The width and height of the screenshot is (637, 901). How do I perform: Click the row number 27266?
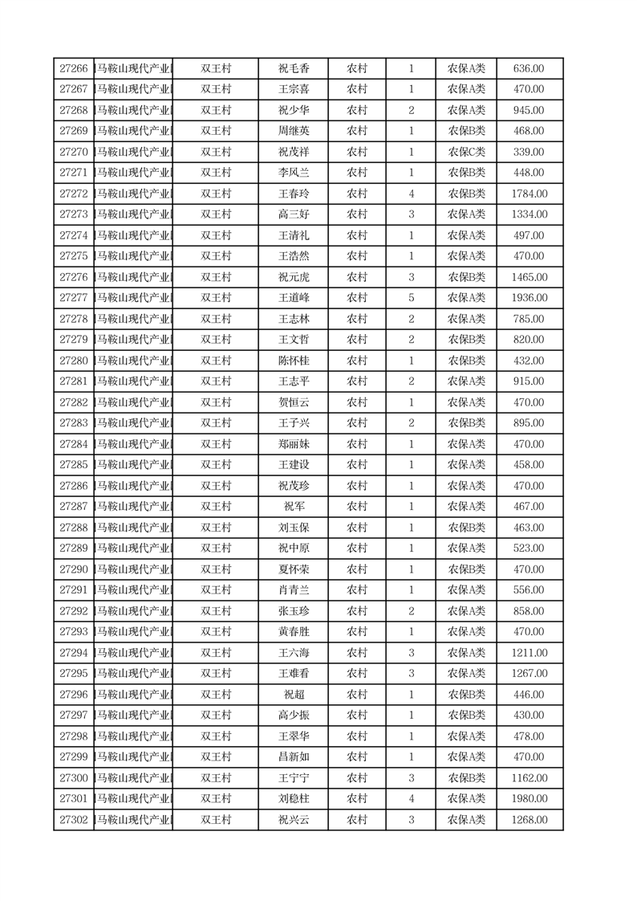(74, 69)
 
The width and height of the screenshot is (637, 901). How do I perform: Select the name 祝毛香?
(294, 69)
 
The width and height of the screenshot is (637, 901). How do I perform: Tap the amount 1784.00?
(529, 194)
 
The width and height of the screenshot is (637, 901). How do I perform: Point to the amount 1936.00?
(529, 298)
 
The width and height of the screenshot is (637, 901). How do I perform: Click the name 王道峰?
(294, 298)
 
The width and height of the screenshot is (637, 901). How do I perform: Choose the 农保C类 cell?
(466, 152)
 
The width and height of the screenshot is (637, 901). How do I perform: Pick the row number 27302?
(74, 820)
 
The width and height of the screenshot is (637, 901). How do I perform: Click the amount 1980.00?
(529, 799)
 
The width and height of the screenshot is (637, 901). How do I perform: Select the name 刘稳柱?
(294, 799)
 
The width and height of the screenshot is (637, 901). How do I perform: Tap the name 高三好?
(294, 214)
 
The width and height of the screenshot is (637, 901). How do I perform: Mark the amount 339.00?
(529, 152)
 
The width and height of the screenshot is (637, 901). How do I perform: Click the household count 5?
(412, 298)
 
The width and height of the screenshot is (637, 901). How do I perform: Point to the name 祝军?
(294, 507)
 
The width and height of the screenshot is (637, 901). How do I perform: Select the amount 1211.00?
(529, 653)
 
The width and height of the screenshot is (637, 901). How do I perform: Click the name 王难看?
(294, 674)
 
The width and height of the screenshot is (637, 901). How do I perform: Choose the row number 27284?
(74, 444)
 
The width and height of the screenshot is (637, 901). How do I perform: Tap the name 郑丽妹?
(294, 444)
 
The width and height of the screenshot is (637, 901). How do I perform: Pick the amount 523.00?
(529, 548)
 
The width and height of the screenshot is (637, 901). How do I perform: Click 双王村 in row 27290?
(216, 569)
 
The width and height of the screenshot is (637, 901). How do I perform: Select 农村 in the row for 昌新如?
(357, 757)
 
